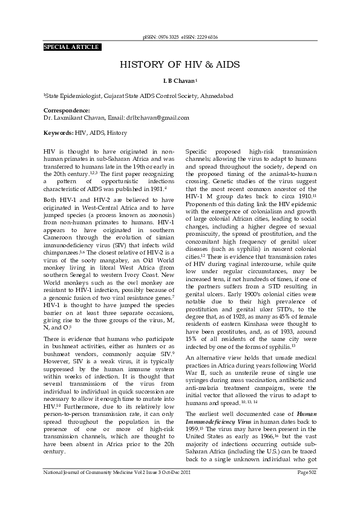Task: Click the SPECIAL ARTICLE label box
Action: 71,47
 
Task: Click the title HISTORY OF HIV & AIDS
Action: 180,65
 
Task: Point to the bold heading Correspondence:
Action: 67,110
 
